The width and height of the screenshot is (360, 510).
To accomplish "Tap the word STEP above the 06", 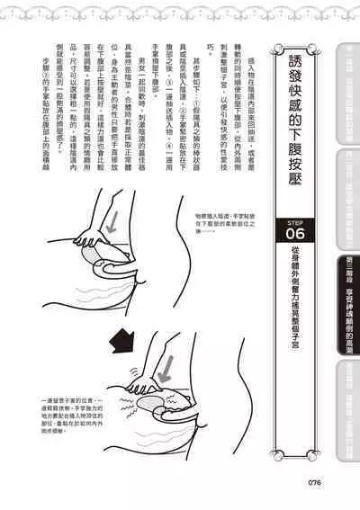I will [x=294, y=219].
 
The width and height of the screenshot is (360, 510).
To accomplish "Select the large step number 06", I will [x=294, y=235].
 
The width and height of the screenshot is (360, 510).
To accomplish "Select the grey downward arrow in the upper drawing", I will [x=111, y=225].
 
